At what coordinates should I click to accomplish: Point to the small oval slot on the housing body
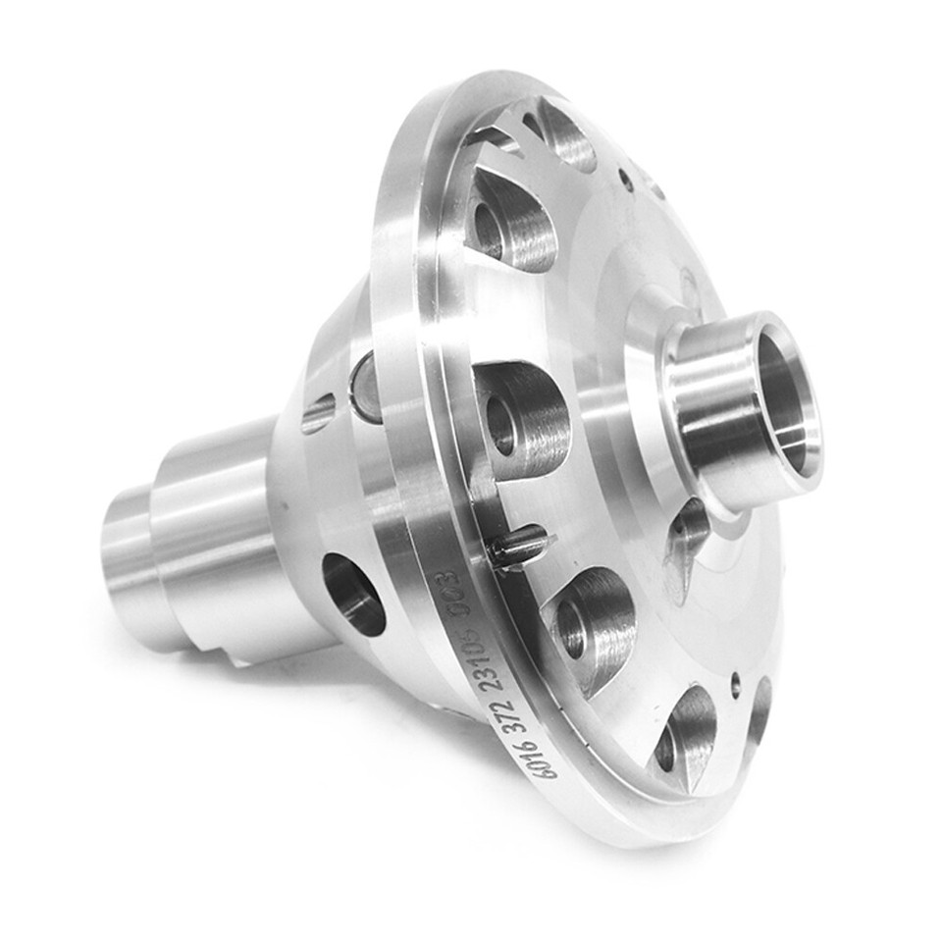coord(318,413)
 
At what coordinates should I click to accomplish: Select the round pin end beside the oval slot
coord(366,389)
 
